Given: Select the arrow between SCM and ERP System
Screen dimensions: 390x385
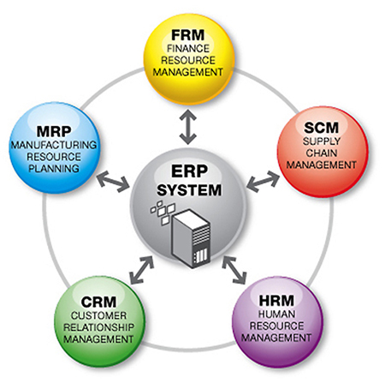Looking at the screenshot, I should click(263, 181).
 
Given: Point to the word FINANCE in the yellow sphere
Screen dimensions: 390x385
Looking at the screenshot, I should click(192, 49).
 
